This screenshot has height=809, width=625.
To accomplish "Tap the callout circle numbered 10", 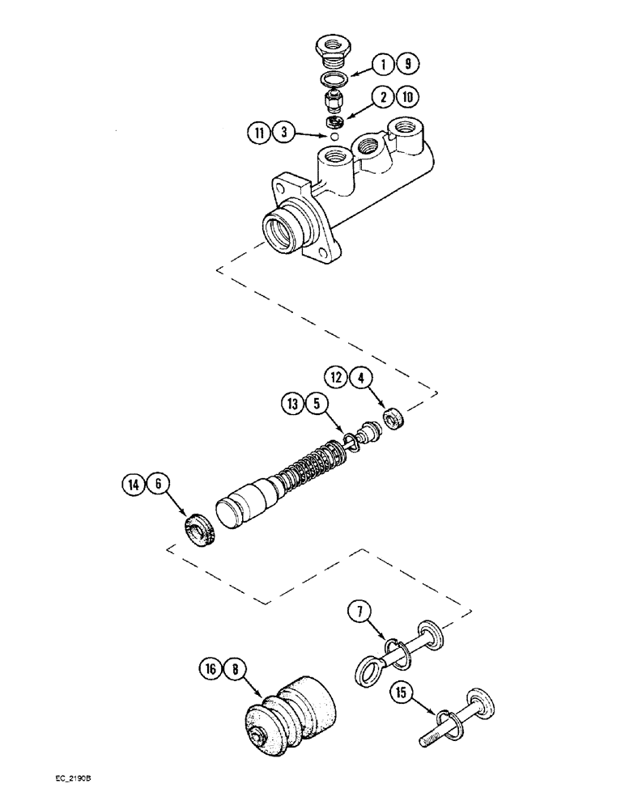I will tap(406, 99).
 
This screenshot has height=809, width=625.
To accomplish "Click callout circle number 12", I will tap(336, 376).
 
